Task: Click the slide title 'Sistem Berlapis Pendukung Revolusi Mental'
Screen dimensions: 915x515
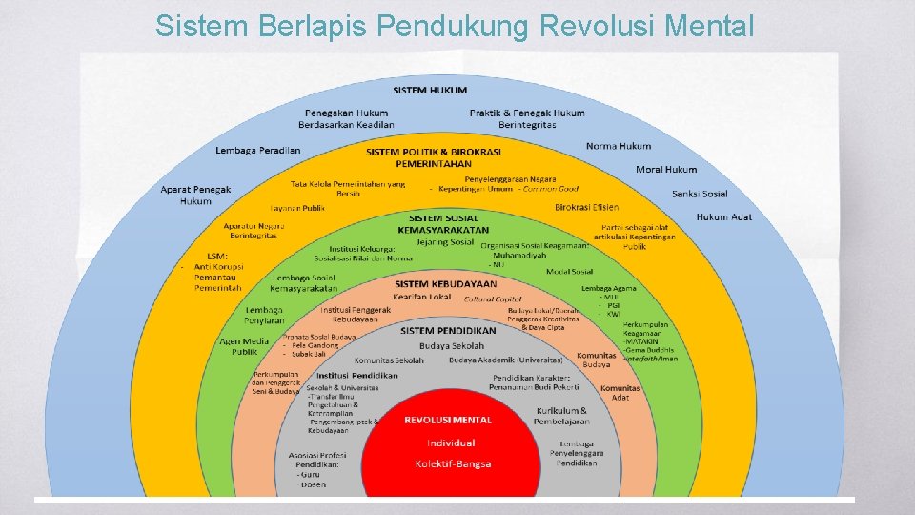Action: point(455,26)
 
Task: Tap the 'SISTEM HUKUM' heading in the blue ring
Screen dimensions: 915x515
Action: point(430,91)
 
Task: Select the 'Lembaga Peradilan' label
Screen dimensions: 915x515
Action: point(257,151)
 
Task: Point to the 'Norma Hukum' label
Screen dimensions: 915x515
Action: point(618,146)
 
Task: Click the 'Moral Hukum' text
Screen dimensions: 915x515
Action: point(666,170)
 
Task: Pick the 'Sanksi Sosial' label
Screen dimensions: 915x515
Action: point(700,194)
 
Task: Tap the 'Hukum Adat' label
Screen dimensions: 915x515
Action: point(723,217)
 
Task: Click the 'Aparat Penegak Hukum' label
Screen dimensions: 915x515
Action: point(195,195)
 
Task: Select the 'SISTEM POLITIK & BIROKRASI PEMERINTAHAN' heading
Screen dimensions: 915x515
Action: point(434,157)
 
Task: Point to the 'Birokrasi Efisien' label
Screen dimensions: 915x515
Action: point(586,207)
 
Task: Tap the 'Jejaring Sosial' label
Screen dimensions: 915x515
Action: point(445,242)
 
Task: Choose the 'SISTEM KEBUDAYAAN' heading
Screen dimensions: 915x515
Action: point(445,284)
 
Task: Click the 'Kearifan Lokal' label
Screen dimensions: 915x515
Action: point(421,298)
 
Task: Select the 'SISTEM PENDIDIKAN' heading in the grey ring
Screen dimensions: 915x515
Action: point(448,331)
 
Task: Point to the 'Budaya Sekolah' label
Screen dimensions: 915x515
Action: point(452,345)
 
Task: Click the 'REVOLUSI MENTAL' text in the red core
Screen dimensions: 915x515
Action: point(448,420)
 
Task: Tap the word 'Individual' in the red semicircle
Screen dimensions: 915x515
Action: point(451,443)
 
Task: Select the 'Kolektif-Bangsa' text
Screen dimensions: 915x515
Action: point(453,464)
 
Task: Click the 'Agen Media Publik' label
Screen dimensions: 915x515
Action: point(244,346)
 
